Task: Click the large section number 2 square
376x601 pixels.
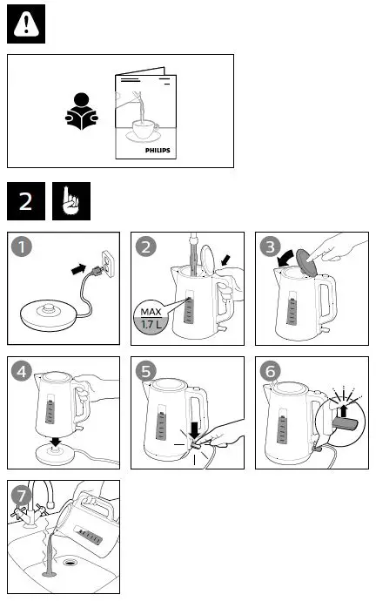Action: [x=26, y=201]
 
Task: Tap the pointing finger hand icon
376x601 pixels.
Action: [x=69, y=201]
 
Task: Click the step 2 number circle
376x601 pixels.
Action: [x=146, y=248]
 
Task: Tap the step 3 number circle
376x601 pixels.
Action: [x=271, y=248]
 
